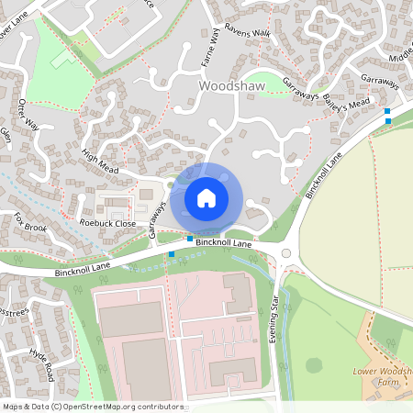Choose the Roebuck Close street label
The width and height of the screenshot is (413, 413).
coord(107,223)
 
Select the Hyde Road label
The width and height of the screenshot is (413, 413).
coord(43,364)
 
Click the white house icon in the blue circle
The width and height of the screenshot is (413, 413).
coord(206,197)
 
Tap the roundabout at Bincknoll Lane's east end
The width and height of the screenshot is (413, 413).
coord(285,254)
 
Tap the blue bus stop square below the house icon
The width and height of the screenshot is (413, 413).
coord(190,239)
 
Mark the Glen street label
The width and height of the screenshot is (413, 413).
coord(6,135)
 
